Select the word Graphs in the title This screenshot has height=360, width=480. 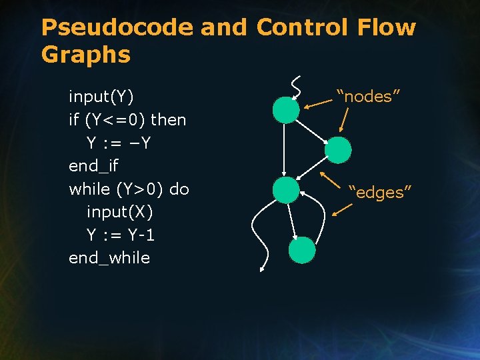tap(85, 55)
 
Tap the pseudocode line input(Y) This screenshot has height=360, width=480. tap(101, 97)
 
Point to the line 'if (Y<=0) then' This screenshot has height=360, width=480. tap(127, 121)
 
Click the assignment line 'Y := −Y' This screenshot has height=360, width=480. tap(120, 143)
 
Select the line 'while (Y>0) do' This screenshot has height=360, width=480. tap(129, 189)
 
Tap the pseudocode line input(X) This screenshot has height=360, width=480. tap(119, 212)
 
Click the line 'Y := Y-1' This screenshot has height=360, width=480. tap(121, 235)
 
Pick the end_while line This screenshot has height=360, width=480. tap(109, 258)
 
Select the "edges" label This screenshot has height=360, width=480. tap(380, 193)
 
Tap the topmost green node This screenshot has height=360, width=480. tap(286, 110)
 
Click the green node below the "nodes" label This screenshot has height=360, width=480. tap(338, 150)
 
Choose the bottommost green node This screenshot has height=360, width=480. tap(302, 250)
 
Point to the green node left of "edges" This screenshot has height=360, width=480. tap(287, 190)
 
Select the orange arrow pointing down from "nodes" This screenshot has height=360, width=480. tap(344, 121)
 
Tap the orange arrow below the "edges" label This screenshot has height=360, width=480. tap(342, 210)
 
